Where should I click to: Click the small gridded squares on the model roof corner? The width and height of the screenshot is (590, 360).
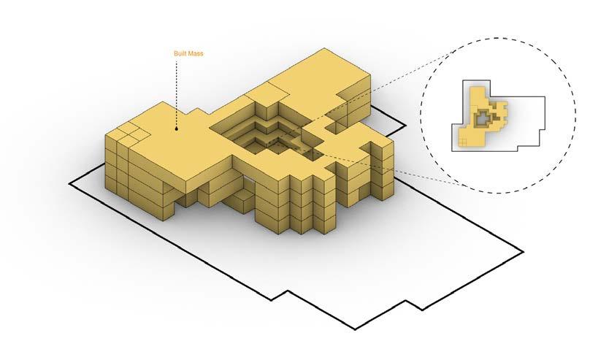click(126, 135)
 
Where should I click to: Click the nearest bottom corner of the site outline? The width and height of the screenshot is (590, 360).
click(356, 328)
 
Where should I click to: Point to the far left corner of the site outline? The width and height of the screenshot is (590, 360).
click(69, 180)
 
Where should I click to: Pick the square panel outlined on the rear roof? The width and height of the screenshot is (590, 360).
click(269, 93)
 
